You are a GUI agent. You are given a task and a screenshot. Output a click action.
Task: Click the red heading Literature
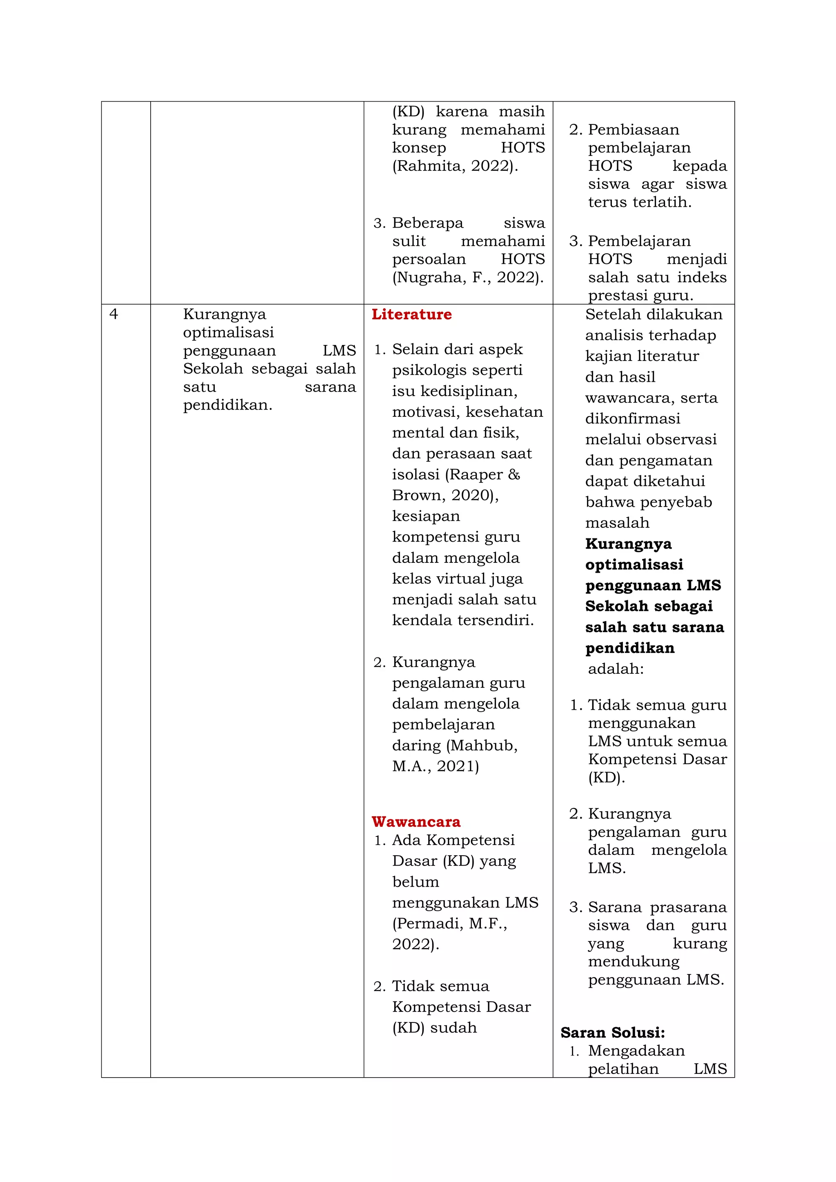point(411,314)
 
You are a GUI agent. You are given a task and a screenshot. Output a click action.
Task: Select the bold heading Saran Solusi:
point(612,1033)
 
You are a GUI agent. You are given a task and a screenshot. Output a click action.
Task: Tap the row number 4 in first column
point(114,314)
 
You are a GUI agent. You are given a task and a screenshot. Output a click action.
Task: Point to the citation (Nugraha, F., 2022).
point(468,277)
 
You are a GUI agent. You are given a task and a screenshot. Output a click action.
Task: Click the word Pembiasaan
point(634,130)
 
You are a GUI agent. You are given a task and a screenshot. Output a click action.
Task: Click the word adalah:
point(616,669)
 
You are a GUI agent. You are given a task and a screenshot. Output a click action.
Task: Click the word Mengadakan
point(636,1051)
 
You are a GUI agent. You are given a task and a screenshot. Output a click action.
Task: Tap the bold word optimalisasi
point(634,565)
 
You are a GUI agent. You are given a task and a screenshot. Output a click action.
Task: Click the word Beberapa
point(427,223)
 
